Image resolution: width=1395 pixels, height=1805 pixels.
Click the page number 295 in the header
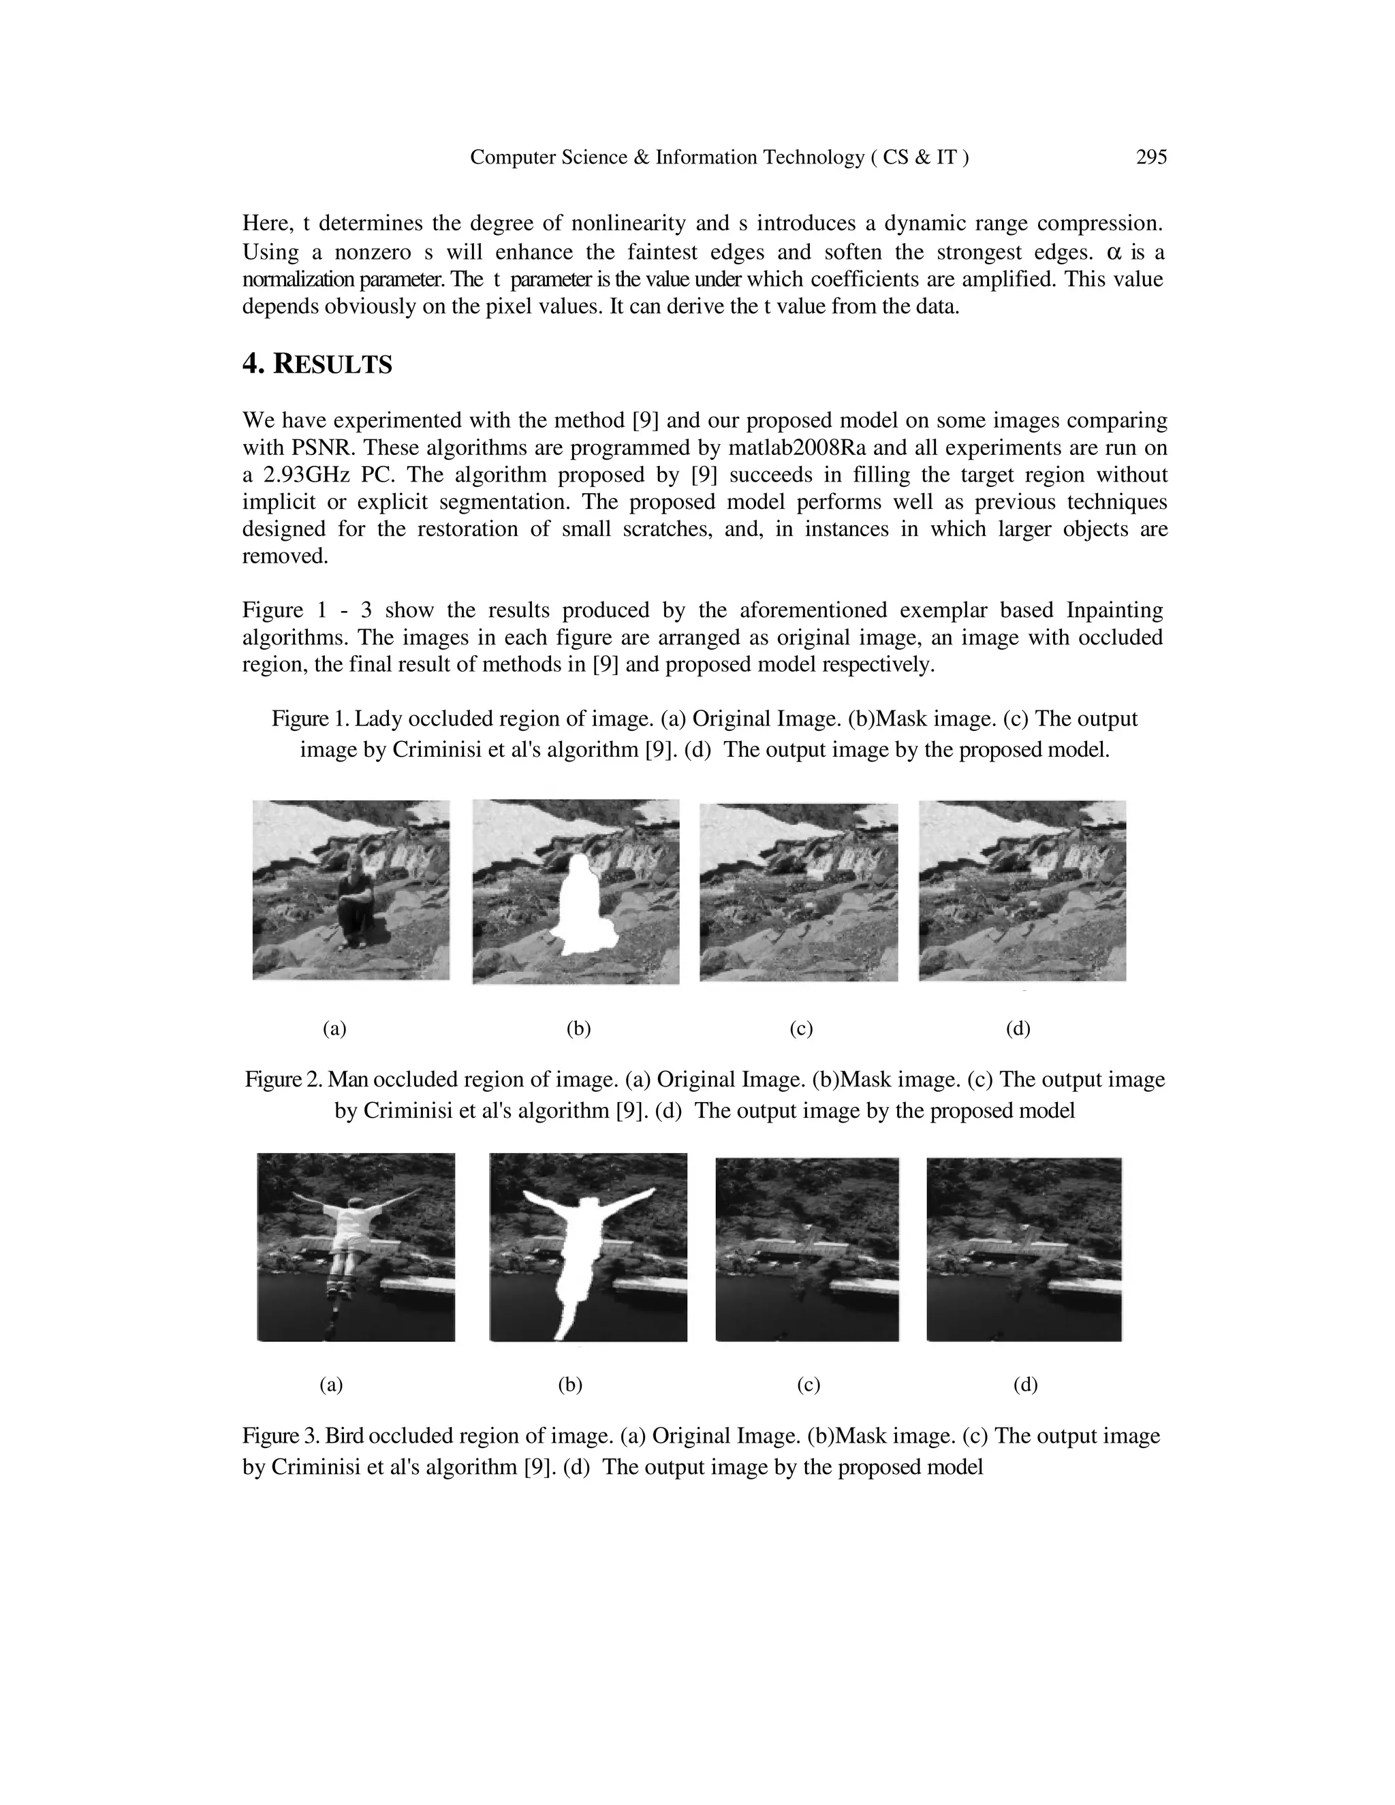pyautogui.click(x=1150, y=157)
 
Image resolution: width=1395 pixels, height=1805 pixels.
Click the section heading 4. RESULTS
pyautogui.click(x=317, y=364)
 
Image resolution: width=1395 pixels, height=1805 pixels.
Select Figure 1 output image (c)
pyautogui.click(x=798, y=892)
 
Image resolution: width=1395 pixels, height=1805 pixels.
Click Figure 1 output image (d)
pyautogui.click(x=1022, y=891)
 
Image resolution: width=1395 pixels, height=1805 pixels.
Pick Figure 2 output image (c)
pyautogui.click(x=806, y=1248)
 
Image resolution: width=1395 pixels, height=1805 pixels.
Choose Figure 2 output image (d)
pyautogui.click(x=1023, y=1248)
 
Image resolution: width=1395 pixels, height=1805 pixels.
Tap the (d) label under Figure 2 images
pyautogui.click(x=1024, y=1384)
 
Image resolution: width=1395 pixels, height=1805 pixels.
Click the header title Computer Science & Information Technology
pyautogui.click(x=666, y=157)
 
